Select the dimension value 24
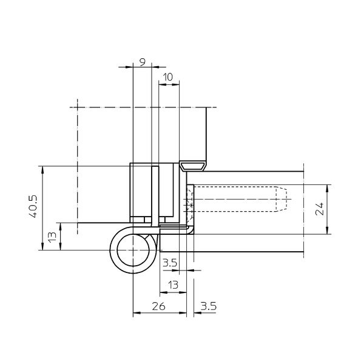coord(320,209)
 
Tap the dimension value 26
coord(159,306)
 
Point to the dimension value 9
coord(143,62)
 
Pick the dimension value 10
coord(167,77)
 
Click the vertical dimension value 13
coord(53,237)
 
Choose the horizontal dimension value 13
coord(173,285)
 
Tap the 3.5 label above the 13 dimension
coord(170,263)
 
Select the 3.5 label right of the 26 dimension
coord(208,306)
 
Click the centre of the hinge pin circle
coord(133,250)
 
